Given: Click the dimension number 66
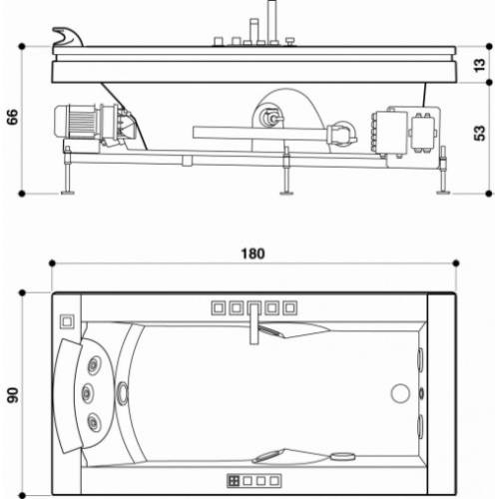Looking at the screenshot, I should coord(13,118).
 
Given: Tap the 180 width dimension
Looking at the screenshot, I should coord(253,253).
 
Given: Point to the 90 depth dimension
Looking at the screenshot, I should coord(13,395).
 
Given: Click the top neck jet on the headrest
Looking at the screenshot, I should coord(97,362).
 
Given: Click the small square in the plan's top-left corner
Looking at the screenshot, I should coord(67,322).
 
